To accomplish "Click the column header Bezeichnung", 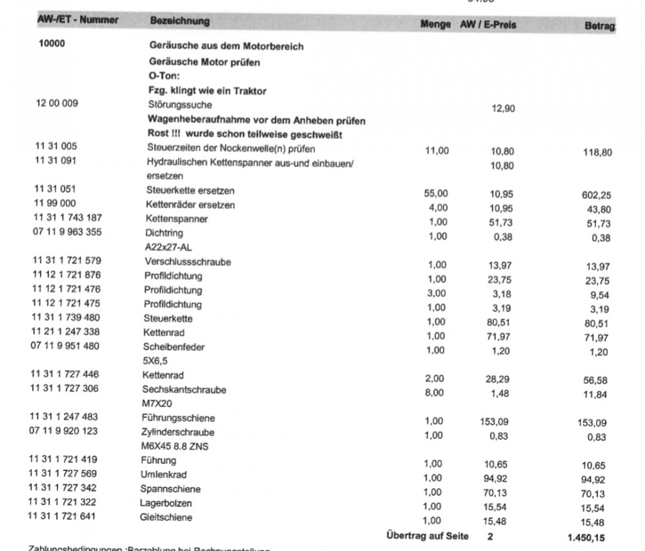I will point(179,21).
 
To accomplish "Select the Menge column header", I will point(435,25).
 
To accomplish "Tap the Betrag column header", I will point(599,26).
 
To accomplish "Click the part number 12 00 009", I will point(57,103).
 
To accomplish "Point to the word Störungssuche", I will point(180,105).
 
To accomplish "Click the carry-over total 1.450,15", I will point(586,537).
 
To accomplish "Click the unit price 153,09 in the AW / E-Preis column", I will point(494,422).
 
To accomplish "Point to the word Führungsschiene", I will point(179,418).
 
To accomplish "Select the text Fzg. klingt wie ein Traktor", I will point(207,90).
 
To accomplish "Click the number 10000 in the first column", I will point(52,45).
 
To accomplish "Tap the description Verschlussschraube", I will point(188,262).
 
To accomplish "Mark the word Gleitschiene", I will point(166,517).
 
